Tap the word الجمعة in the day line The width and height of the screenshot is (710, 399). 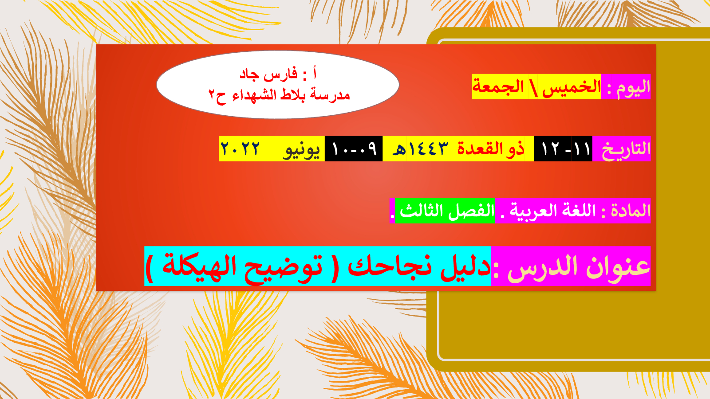(x=498, y=86)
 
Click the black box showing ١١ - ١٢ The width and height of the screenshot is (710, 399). (x=563, y=149)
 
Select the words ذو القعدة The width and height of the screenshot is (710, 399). (x=491, y=149)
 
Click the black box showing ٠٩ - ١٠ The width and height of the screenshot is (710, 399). (x=354, y=149)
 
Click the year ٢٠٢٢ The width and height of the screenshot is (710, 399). (x=240, y=149)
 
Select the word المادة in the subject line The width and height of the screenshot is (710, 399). (x=631, y=211)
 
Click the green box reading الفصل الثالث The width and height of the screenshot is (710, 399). (x=445, y=211)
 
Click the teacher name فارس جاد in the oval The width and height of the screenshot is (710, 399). (x=268, y=74)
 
